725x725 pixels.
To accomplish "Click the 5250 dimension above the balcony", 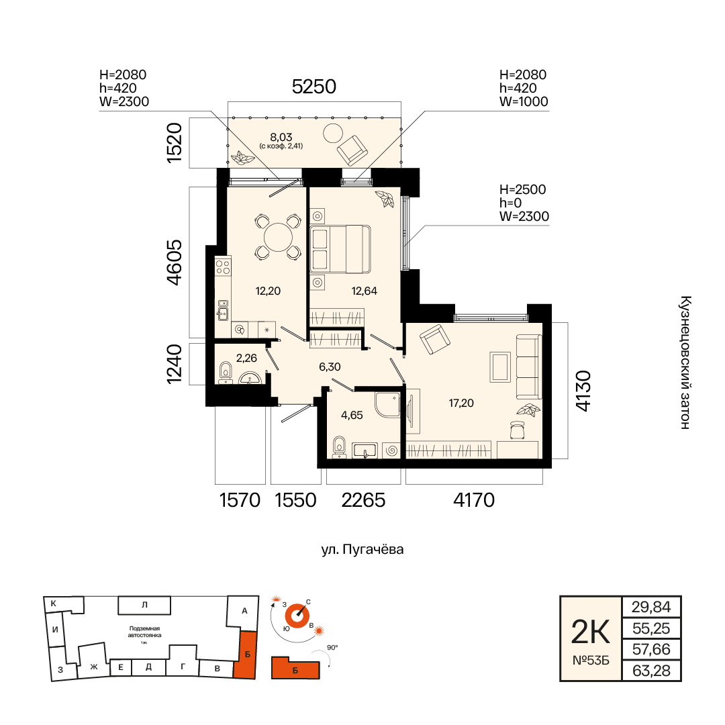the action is pos(314,87).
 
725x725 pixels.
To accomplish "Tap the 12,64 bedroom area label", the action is pos(365,291).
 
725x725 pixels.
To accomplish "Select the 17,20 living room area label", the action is pos(461,403).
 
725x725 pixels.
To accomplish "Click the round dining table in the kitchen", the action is pos(278,237).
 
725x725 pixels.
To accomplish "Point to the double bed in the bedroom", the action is pos(340,249).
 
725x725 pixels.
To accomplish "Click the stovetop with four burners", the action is pos(224,267).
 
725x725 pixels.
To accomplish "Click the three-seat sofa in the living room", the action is pos(528,367).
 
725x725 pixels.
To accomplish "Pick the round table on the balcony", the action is pos(332,134).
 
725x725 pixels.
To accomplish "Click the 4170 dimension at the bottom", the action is pos(474,500).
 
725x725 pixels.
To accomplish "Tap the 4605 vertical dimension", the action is pos(175,262).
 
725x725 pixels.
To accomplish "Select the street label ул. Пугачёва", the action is pos(362,549).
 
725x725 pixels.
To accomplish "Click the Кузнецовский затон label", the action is pos(685,362).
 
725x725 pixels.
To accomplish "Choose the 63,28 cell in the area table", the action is pos(651,671).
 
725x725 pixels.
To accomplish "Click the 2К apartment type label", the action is pos(591,632).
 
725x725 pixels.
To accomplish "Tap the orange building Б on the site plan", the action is pos(246,655).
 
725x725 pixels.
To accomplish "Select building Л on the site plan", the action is pos(144,605).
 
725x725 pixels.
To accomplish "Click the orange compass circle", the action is pos(297,616).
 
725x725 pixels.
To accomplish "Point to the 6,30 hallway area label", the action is pos(330,367).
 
